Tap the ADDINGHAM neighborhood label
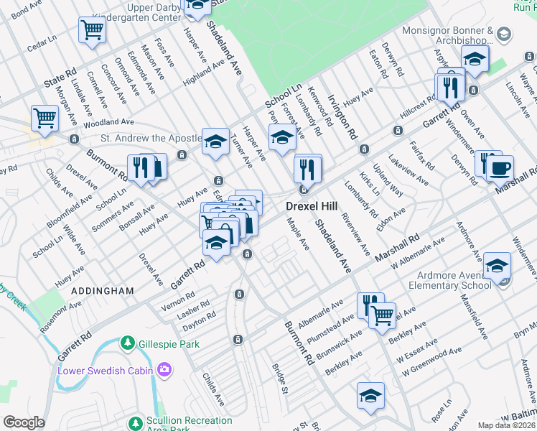pos(102,291)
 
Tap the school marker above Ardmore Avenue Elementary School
pos(497,266)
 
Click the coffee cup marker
pos(500,169)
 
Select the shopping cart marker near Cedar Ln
pos(92,30)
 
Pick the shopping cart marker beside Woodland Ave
pos(45,117)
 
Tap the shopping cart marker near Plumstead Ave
pos(382,313)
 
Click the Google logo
pos(24,422)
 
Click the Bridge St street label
pos(279,379)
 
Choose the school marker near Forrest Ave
pos(282,136)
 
